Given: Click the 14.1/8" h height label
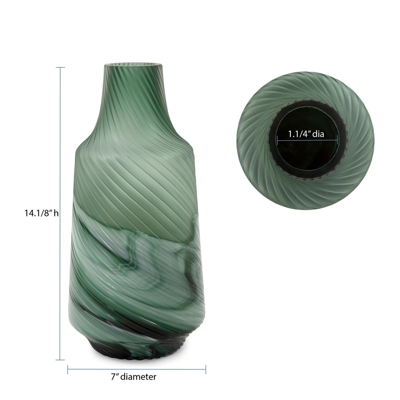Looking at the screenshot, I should pos(42,213).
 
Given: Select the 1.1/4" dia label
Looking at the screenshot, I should pos(306,134).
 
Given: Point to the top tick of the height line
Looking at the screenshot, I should pos(60,67).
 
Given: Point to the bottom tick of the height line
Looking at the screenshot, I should pos(60,360).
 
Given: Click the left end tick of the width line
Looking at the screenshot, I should pos(68,369).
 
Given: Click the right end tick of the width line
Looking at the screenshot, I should pos(206,369).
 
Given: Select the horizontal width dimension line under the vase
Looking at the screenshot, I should pos(137,369).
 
